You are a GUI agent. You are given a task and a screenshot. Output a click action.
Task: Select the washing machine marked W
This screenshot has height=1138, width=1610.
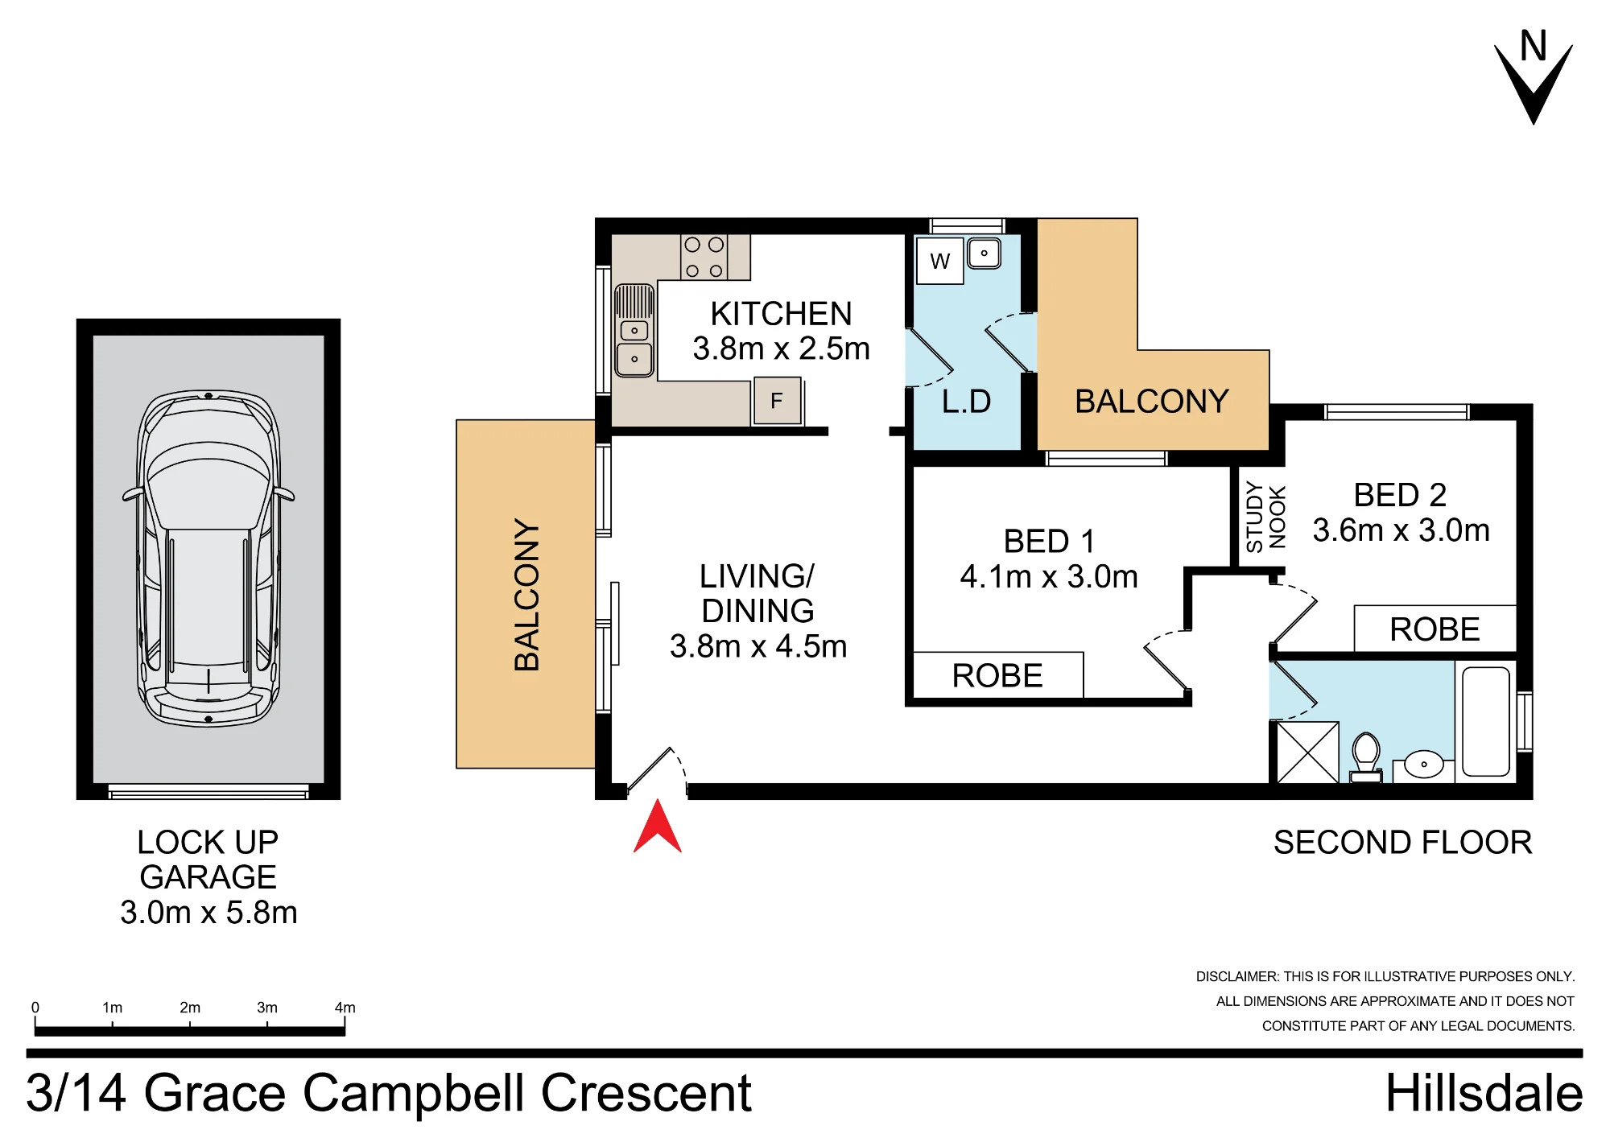click(940, 261)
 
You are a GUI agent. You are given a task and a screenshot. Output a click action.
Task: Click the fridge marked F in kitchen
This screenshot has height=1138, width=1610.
click(778, 401)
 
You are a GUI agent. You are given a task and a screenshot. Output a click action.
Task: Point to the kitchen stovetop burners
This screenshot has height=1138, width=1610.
click(704, 258)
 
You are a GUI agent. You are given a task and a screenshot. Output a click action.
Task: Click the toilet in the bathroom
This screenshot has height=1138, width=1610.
click(1366, 757)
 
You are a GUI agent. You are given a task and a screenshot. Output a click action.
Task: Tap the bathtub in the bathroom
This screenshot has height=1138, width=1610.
click(1486, 721)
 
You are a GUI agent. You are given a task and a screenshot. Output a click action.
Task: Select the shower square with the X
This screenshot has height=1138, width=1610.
click(1308, 752)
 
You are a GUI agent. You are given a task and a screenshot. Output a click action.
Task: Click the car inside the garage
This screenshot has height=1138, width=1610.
click(208, 559)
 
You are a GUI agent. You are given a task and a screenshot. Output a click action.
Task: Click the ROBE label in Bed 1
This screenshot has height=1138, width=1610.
click(997, 676)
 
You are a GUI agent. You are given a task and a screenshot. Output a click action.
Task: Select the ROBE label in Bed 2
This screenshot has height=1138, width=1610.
click(1435, 629)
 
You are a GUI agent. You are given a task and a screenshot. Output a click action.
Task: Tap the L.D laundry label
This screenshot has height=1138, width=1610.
click(966, 402)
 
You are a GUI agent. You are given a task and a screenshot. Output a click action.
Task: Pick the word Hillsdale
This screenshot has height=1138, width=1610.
click(1484, 1093)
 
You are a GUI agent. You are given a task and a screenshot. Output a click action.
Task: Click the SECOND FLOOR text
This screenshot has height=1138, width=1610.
click(1402, 843)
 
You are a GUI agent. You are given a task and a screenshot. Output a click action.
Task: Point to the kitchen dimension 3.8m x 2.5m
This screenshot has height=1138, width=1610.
click(782, 348)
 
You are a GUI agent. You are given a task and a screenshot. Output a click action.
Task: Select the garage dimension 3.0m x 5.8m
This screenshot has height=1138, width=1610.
click(209, 913)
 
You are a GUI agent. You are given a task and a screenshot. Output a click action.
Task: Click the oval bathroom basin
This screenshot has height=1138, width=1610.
click(1423, 765)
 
